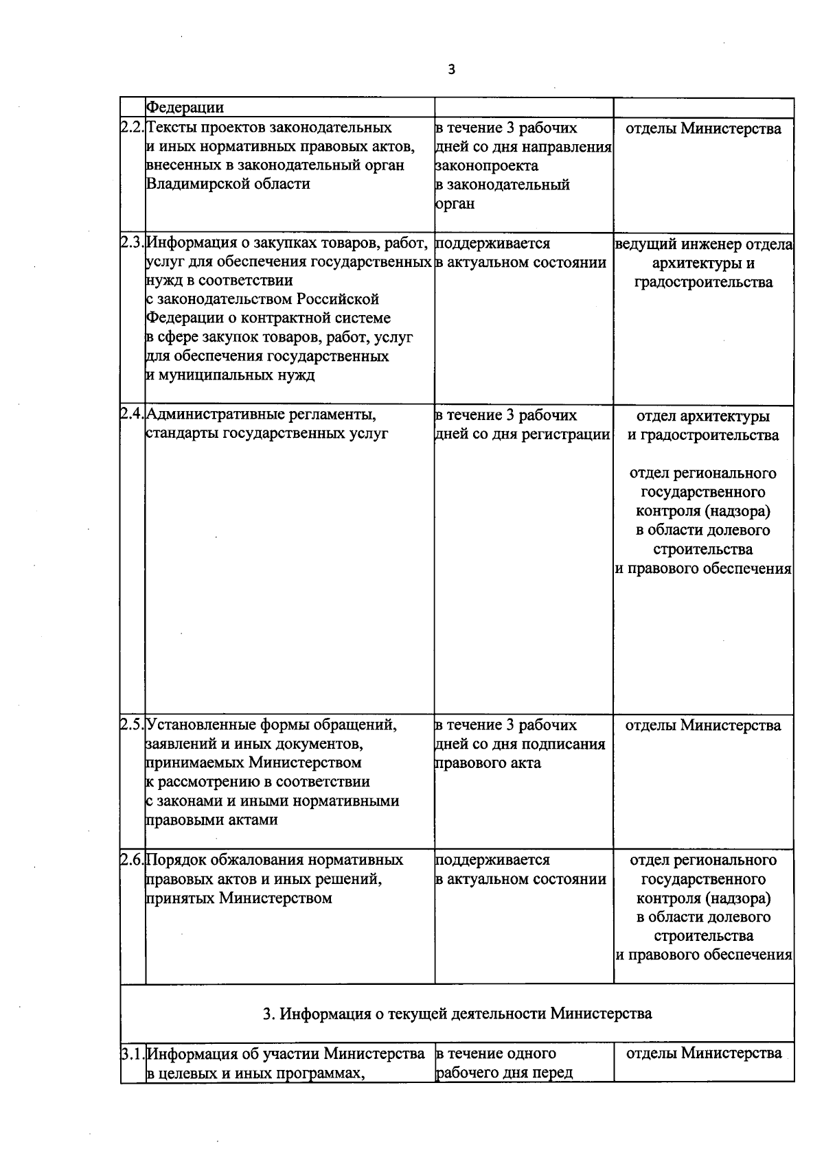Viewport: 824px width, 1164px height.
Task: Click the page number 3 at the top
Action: (450, 70)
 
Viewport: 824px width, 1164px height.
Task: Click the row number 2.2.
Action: (133, 128)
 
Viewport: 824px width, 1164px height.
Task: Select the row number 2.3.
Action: (133, 243)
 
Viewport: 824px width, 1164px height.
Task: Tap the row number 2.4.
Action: (133, 415)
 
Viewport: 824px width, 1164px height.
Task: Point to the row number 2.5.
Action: (133, 725)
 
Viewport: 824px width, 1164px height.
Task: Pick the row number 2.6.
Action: (133, 860)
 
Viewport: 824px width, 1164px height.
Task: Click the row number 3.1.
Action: (133, 1054)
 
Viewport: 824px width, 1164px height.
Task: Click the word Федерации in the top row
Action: (185, 108)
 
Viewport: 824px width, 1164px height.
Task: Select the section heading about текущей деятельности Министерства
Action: (457, 1014)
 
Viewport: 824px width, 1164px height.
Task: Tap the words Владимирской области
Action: (228, 184)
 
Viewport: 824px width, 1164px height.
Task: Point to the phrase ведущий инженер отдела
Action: (704, 244)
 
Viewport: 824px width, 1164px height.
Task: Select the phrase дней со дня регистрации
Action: (523, 434)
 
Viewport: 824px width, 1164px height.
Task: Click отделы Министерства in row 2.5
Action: (703, 725)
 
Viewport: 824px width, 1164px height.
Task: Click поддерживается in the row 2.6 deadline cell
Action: (492, 860)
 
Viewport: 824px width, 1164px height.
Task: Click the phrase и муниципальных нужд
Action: (230, 375)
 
